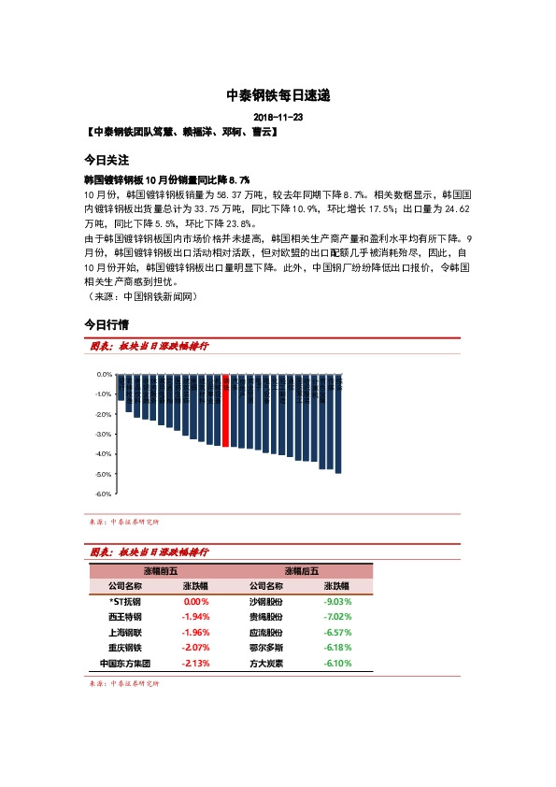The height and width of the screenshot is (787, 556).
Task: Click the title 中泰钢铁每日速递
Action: (278, 95)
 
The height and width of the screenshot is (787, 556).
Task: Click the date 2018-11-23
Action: (278, 118)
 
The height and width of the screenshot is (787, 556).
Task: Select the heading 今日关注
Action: (106, 160)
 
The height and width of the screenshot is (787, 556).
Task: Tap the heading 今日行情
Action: (106, 324)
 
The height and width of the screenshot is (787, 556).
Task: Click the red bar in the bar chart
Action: (225, 411)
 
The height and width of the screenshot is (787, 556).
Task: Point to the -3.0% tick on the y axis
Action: (104, 434)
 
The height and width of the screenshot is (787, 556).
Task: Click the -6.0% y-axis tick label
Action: (104, 494)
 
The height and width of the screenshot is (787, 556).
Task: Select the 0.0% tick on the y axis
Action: (104, 374)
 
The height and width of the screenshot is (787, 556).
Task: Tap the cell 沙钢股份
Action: (267, 602)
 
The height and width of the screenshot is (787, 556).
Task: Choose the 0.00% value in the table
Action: (196, 602)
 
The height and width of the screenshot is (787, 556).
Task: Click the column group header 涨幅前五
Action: (161, 570)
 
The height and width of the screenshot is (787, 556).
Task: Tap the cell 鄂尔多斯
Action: (267, 648)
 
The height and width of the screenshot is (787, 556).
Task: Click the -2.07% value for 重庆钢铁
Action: (196, 648)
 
